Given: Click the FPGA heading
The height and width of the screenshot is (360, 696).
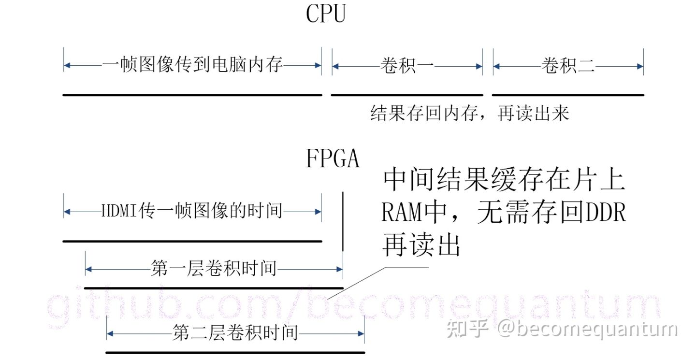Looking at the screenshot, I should tap(333, 158).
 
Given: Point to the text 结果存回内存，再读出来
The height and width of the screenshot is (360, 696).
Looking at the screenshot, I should tap(470, 114).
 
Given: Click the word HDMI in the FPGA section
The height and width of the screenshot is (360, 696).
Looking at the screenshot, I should tap(119, 212).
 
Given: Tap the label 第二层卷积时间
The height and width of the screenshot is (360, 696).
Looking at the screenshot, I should tap(235, 333).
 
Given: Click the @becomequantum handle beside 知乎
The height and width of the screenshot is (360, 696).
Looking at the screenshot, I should tap(588, 329).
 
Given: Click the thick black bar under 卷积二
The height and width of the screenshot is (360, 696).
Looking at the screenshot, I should tap(568, 95).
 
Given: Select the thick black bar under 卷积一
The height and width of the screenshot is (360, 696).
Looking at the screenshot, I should tap(407, 95).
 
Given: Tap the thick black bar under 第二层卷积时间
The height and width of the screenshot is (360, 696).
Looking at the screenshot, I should tap(235, 352).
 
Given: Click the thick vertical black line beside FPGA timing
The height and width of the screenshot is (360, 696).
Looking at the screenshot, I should tap(343, 221).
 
